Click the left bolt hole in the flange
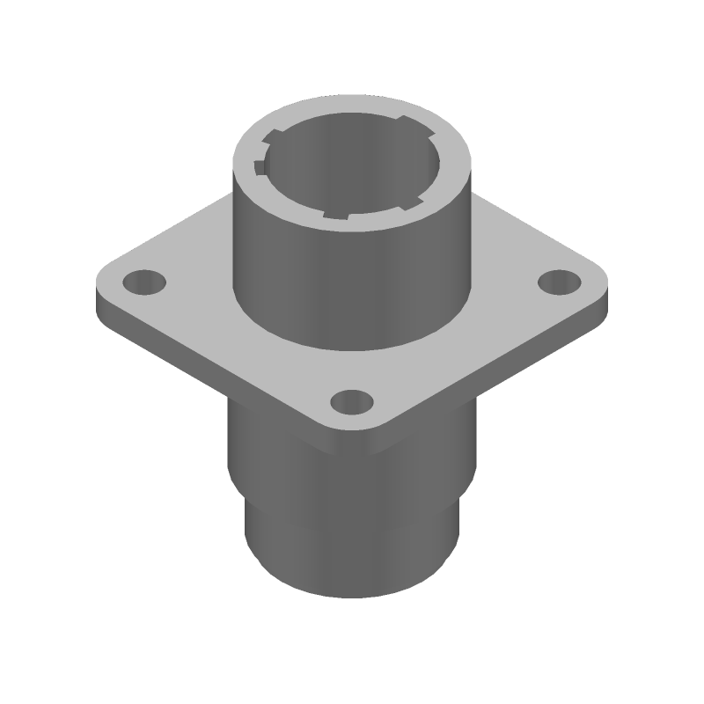pos(143,283)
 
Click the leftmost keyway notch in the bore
pos(259,167)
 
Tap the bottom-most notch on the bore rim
pos(338,216)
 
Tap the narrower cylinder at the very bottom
pos(352,554)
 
